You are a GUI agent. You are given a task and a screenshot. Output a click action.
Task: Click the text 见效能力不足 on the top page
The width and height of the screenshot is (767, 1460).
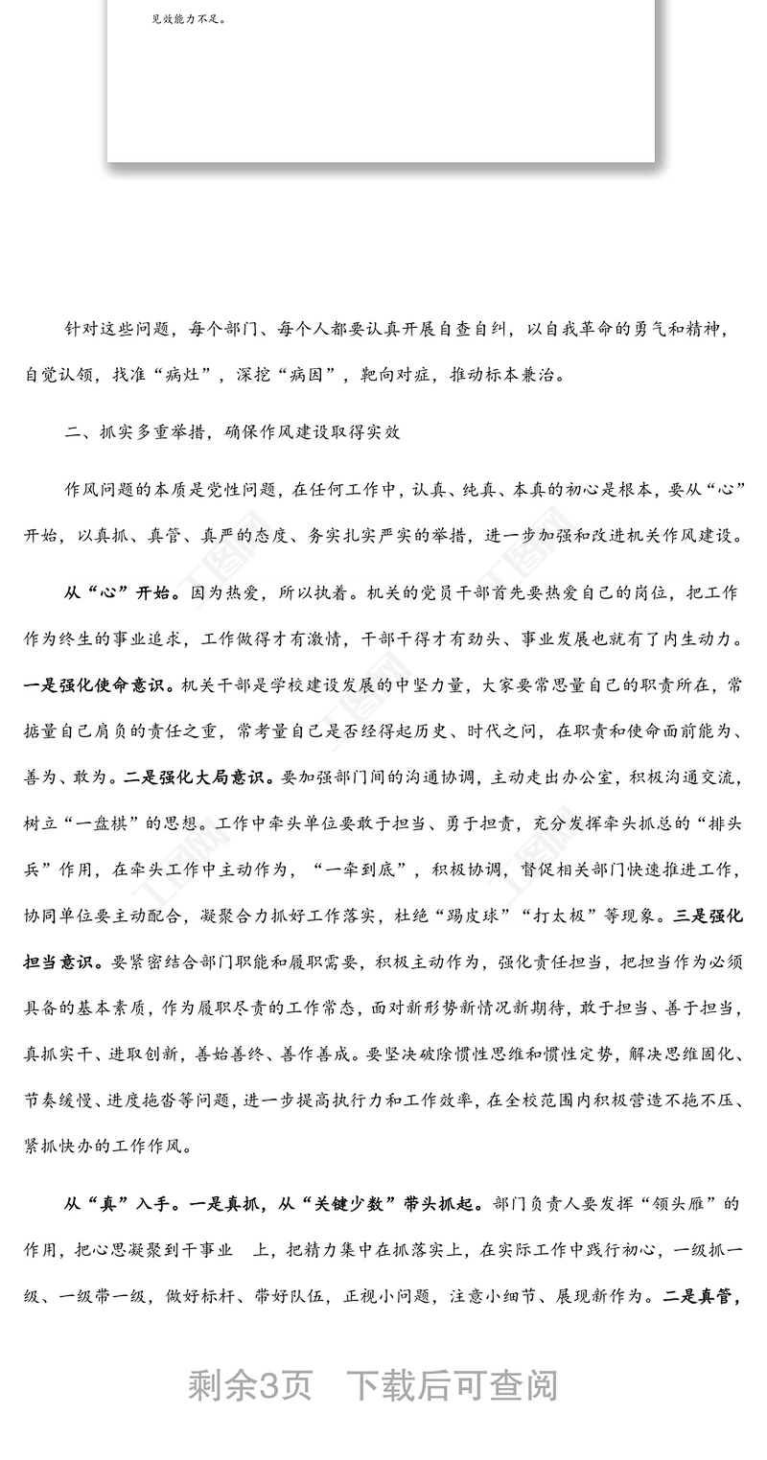pyautogui.click(x=189, y=17)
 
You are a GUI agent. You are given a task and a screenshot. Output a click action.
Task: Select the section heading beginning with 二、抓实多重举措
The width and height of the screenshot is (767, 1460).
pyautogui.click(x=232, y=432)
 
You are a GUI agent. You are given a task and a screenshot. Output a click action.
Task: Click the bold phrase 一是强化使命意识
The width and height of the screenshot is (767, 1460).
pyautogui.click(x=98, y=685)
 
